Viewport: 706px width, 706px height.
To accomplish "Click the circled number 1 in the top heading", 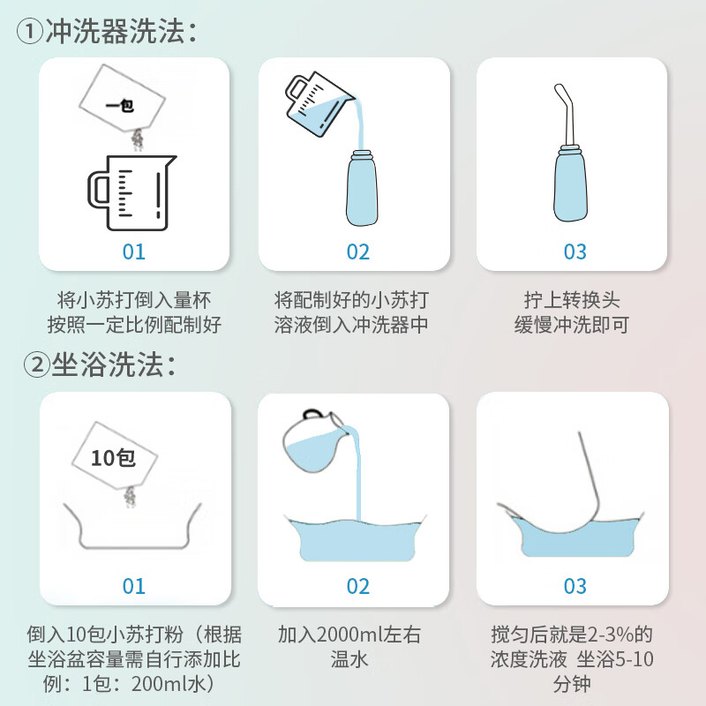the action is (x=30, y=32).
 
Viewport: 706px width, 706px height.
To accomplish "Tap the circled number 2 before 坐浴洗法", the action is (x=36, y=364).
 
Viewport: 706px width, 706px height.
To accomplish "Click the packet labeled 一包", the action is (x=122, y=100).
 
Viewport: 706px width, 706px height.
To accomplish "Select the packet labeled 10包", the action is (x=115, y=456).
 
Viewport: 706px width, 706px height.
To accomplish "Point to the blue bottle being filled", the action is (x=362, y=188).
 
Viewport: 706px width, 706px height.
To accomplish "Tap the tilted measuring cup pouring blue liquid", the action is (x=318, y=104).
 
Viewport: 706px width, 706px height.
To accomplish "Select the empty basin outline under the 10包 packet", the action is (x=133, y=526).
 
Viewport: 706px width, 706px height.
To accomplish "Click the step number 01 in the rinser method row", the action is (x=134, y=252).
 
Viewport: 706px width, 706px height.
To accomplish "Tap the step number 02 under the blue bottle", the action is (x=358, y=252).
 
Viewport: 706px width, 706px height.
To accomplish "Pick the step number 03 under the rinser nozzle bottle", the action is (x=575, y=252).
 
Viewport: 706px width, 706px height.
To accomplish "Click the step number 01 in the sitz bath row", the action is (x=134, y=586).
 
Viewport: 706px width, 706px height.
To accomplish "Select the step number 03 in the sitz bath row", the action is (x=575, y=586).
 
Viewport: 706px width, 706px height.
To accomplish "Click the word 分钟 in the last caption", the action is (x=572, y=684).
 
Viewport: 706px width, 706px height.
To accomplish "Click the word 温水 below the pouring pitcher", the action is (x=349, y=659).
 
